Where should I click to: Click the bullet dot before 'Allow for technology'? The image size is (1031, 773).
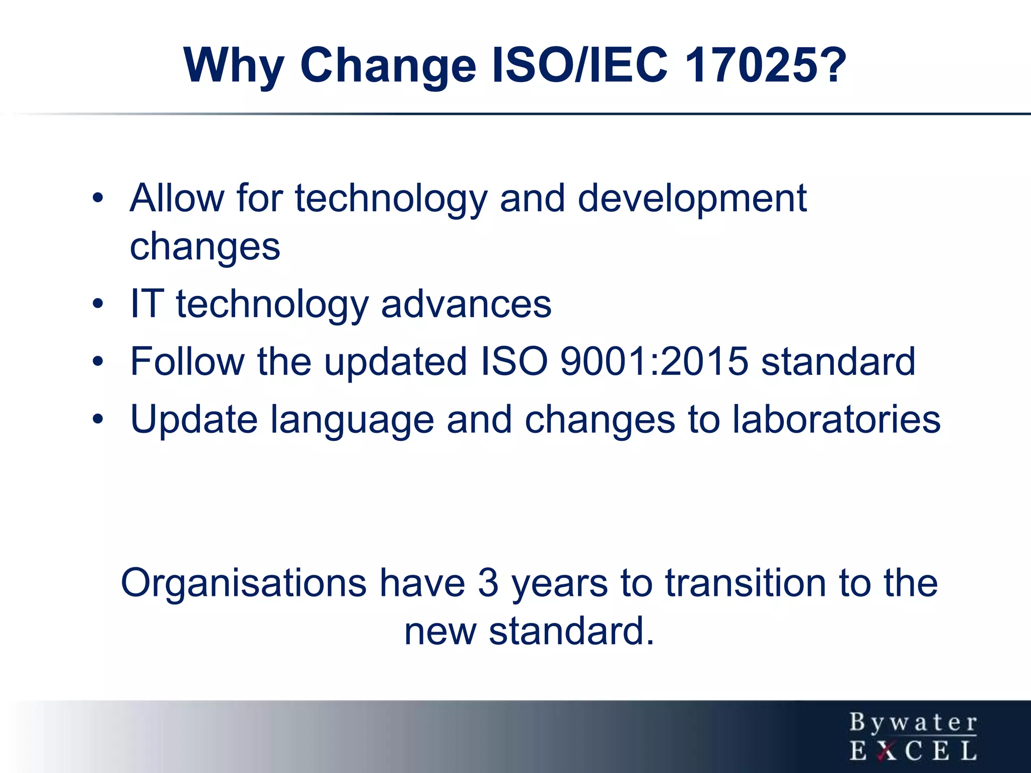(98, 198)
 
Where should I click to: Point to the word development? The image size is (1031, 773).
(692, 198)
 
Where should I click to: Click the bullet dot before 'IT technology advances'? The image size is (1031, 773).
(98, 304)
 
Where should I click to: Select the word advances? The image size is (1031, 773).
(466, 304)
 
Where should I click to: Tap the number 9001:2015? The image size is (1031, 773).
(654, 361)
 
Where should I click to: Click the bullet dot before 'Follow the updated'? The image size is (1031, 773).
(98, 361)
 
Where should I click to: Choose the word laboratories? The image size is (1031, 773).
(836, 419)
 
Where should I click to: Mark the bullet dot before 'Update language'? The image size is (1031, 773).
(98, 419)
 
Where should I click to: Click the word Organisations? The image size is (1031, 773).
(244, 583)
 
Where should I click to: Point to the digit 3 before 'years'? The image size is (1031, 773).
(488, 583)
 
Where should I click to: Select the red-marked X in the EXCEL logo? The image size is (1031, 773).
(887, 751)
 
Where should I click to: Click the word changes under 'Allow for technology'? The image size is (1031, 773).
(205, 248)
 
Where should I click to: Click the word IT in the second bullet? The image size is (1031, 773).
(146, 304)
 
